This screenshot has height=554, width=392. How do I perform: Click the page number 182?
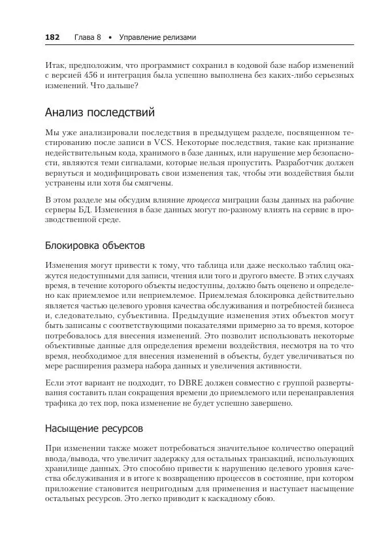click(x=52, y=37)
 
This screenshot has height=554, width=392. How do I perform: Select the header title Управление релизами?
click(x=157, y=37)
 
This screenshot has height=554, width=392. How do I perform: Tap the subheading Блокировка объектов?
click(x=95, y=246)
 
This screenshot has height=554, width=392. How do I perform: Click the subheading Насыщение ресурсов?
click(x=94, y=429)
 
